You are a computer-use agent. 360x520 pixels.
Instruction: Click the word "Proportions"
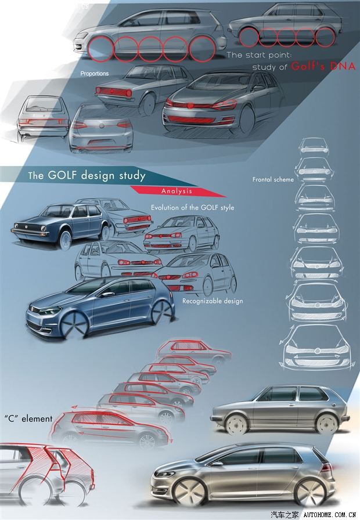click(95, 74)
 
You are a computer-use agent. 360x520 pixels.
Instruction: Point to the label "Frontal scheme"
click(273, 180)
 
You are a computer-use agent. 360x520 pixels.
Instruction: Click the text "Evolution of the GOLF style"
click(193, 208)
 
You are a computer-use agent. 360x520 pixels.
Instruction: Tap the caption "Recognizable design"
click(213, 301)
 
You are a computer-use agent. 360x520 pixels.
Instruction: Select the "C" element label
click(28, 418)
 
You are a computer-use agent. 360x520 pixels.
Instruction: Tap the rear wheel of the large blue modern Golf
click(160, 312)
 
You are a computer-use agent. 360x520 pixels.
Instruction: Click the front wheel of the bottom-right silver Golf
click(189, 491)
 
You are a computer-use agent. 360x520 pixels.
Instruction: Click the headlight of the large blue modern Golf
click(51, 310)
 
